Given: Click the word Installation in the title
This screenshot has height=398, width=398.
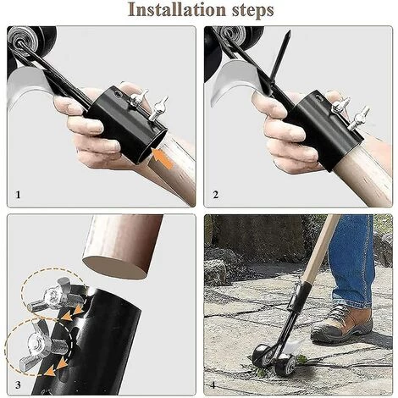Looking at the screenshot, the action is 177,10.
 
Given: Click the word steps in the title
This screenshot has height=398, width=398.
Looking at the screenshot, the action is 253,11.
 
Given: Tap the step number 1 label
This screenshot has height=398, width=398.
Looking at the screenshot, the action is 18,195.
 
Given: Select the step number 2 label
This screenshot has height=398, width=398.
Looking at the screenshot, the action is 216,195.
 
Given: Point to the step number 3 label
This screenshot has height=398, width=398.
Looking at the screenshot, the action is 18,384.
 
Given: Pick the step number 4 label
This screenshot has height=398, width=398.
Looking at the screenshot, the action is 213,384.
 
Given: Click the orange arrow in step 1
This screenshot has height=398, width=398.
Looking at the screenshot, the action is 163,159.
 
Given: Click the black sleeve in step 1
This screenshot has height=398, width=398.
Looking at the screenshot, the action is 127,124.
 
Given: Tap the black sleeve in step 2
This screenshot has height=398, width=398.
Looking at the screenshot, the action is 324,129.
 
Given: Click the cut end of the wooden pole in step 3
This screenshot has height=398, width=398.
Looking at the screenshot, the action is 115,267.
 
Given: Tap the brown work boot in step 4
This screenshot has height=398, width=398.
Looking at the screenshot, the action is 342,324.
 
